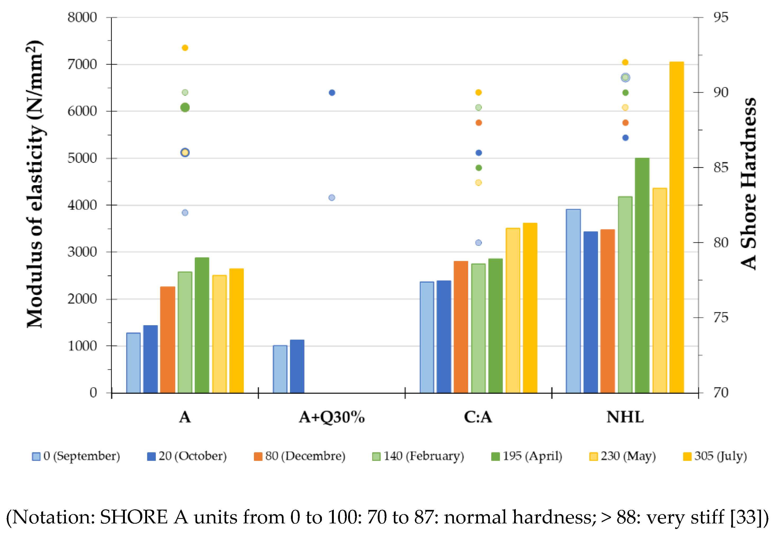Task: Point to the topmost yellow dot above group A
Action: click(185, 48)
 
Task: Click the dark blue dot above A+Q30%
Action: click(332, 93)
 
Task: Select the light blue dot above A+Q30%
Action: click(332, 198)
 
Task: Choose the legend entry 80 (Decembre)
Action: click(299, 456)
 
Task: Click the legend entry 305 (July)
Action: click(715, 456)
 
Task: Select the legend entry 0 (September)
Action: click(76, 456)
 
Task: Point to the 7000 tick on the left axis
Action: click(82, 64)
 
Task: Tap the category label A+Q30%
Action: click(332, 418)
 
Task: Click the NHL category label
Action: click(625, 418)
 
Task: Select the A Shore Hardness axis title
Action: click(749, 184)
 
